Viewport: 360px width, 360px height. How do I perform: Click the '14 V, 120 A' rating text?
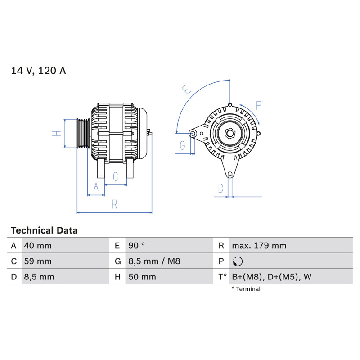(x=38, y=71)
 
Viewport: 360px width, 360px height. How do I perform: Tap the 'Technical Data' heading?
(x=44, y=230)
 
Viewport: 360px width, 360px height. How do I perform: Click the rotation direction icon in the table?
(x=238, y=261)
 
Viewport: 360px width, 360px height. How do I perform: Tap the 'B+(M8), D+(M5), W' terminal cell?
(x=272, y=277)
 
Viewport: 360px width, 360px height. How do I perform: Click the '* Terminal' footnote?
(x=246, y=289)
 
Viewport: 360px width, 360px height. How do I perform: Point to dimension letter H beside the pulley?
(x=57, y=134)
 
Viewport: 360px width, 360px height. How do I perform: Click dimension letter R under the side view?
(x=114, y=204)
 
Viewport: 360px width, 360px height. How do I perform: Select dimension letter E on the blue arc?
(x=186, y=90)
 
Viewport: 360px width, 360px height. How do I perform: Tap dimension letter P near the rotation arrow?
(x=258, y=105)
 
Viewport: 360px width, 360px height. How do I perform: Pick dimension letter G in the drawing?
(x=182, y=145)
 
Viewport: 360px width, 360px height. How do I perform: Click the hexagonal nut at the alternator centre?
(x=230, y=133)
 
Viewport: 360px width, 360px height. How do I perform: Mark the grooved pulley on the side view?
(x=83, y=133)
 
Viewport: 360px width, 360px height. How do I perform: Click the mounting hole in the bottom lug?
(x=230, y=175)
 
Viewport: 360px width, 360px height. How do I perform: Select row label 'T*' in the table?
(x=222, y=277)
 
